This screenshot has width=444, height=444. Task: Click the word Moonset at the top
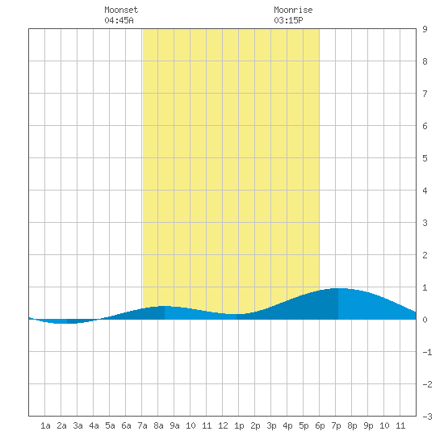point(121,10)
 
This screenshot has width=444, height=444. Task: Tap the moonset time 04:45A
point(119,20)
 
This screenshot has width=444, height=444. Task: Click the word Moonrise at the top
point(293,10)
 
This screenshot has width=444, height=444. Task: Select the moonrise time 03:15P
point(288,20)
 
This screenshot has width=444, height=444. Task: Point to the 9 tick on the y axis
point(425,29)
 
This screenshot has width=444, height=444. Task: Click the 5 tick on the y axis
point(425,158)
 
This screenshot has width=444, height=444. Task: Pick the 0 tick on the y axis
point(425,320)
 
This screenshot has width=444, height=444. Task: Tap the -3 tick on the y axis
point(427,417)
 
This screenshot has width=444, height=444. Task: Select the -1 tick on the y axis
point(427,352)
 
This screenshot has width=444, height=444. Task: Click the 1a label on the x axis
point(45,425)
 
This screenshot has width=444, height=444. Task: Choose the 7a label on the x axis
point(142,425)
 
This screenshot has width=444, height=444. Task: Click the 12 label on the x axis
point(223,425)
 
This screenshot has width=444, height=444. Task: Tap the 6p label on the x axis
point(320,425)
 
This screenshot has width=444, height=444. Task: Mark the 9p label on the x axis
point(368,425)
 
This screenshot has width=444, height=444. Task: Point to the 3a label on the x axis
point(77,425)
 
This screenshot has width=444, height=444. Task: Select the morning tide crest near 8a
point(163,307)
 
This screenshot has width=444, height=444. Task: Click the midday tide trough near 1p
point(233,314)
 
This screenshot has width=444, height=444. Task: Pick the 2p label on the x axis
point(255,425)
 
